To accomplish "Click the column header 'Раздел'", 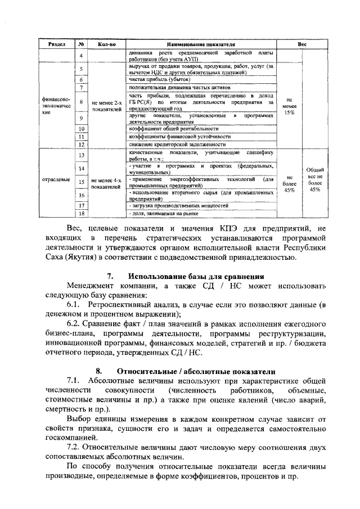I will (57, 43).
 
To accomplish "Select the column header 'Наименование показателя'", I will (200, 43).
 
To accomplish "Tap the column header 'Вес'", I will (301, 43).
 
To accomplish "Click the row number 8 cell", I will (82, 102).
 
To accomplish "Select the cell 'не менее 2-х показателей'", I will (106, 106).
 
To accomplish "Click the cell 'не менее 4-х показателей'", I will (106, 183).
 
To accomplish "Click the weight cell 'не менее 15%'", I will (290, 105).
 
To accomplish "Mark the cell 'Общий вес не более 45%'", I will (314, 179).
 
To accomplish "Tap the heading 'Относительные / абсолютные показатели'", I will (196, 372).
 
